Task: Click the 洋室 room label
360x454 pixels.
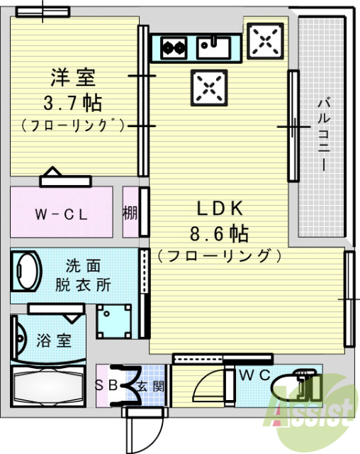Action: click(x=72, y=75)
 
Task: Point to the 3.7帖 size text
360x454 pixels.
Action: click(x=72, y=102)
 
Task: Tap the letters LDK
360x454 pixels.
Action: click(x=220, y=209)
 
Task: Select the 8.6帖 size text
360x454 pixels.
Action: click(x=220, y=232)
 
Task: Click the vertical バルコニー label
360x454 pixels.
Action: click(x=322, y=134)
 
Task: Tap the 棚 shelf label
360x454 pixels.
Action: click(x=130, y=212)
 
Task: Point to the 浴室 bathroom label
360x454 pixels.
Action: click(x=54, y=340)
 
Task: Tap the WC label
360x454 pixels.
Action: click(x=253, y=375)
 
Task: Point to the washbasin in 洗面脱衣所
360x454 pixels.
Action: click(x=28, y=270)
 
